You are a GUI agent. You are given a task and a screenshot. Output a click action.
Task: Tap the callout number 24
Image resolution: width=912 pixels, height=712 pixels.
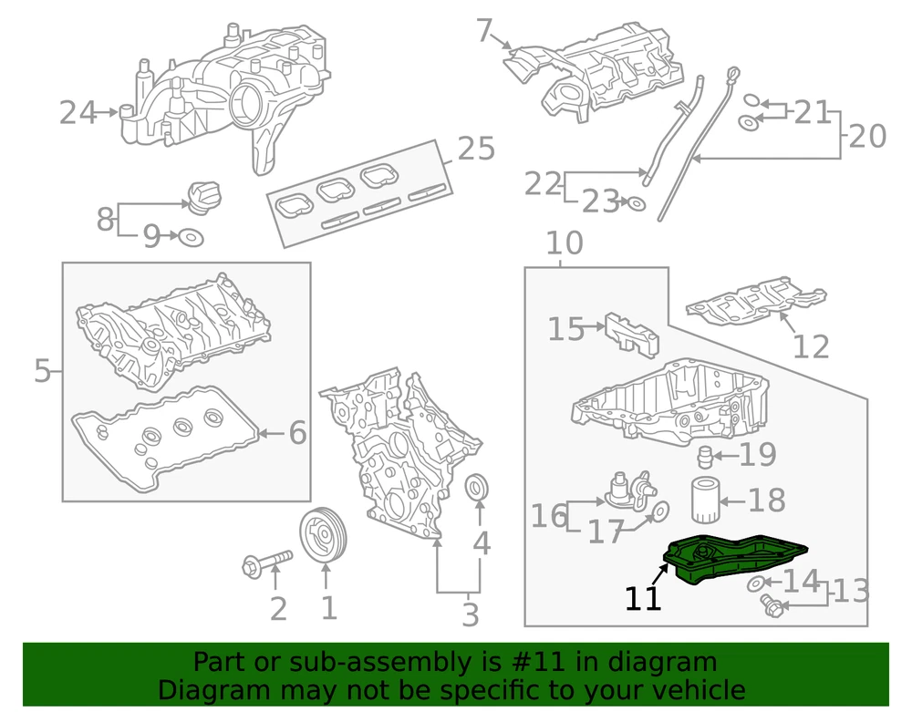(x=78, y=113)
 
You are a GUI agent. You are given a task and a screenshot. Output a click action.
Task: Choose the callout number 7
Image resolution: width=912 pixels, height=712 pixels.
(x=484, y=32)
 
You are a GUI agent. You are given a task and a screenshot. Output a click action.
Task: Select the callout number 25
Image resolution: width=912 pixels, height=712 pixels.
(x=476, y=148)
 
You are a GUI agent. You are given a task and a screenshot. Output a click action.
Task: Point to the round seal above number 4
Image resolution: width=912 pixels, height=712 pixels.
(x=477, y=488)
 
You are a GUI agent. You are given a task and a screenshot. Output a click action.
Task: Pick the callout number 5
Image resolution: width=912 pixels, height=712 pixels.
(x=42, y=371)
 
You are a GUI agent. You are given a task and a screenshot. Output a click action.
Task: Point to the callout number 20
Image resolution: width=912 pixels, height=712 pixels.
(x=867, y=137)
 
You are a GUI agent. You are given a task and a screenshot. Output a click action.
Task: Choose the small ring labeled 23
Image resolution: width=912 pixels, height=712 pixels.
(x=637, y=202)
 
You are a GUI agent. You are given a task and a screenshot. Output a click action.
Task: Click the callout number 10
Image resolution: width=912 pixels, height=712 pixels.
(x=565, y=243)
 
